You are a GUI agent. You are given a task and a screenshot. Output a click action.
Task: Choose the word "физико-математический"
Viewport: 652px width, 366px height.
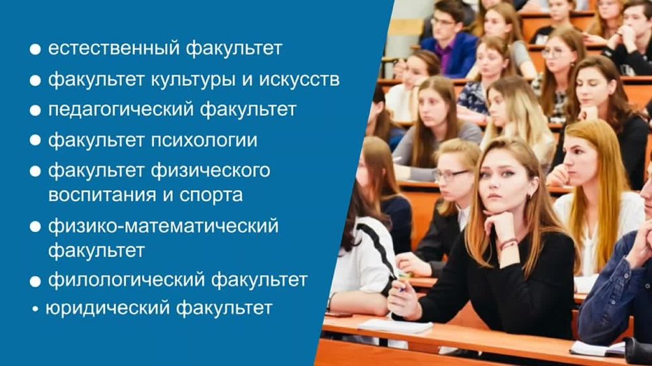[163, 226]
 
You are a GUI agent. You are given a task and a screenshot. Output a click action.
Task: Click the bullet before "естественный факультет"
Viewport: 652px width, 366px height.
[35, 49]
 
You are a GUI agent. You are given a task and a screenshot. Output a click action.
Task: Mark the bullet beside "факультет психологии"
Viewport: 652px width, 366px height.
[35, 141]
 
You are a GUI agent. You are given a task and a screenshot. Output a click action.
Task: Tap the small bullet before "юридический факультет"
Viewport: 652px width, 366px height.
[36, 309]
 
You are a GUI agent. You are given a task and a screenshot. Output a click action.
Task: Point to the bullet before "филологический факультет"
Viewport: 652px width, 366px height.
[35, 281]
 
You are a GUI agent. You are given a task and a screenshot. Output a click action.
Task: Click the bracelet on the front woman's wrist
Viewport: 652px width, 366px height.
[509, 244]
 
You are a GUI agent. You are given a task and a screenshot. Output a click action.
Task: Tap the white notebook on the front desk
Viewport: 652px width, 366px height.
[395, 326]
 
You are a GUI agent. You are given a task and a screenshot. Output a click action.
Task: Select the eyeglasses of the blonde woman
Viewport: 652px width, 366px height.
[450, 175]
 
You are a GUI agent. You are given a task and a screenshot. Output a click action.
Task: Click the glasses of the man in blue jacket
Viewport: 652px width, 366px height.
[444, 21]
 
